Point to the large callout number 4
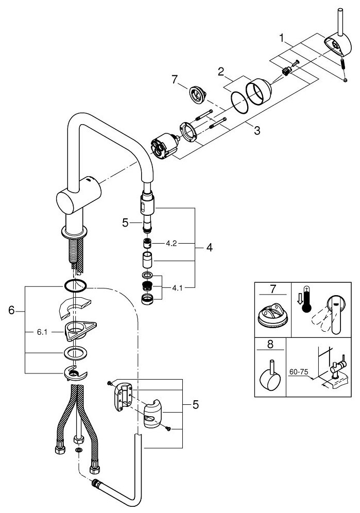click(x=209, y=248)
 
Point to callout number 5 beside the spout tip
click(x=125, y=223)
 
